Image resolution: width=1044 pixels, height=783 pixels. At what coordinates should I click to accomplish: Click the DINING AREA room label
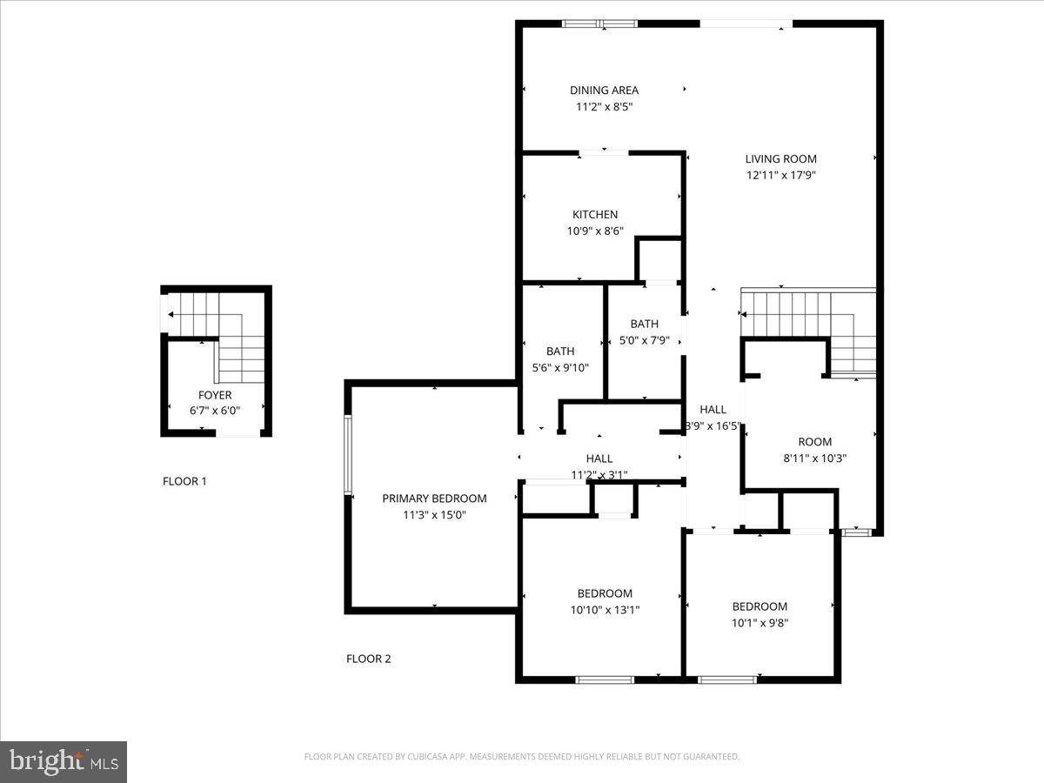click(x=604, y=90)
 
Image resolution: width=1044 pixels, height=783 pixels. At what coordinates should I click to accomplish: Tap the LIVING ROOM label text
click(x=780, y=158)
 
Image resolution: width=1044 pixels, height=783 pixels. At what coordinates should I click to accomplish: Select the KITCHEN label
click(x=595, y=214)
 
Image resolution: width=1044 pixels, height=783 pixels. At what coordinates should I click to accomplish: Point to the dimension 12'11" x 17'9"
click(x=780, y=175)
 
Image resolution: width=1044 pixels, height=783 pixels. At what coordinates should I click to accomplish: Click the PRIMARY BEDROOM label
click(x=434, y=499)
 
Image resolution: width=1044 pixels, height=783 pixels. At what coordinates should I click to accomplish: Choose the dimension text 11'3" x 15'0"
click(x=434, y=515)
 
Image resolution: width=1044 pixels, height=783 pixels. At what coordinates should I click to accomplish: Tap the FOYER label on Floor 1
click(x=214, y=395)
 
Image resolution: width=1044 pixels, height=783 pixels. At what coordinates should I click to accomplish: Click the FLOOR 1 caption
click(x=184, y=481)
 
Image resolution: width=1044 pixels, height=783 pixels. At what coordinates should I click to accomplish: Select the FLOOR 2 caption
click(x=369, y=659)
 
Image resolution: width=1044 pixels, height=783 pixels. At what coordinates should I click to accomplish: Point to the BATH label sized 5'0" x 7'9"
click(x=645, y=324)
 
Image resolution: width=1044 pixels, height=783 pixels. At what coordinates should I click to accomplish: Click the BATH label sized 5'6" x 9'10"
click(x=560, y=351)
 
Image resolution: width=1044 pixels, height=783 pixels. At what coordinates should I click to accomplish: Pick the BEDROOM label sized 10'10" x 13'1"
click(x=605, y=593)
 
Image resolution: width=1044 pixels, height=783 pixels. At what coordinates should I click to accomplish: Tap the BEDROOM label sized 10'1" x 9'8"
click(x=760, y=606)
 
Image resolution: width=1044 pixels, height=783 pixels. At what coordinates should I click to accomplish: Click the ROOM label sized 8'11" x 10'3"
click(x=814, y=441)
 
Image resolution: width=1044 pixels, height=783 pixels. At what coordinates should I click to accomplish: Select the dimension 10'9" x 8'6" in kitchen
click(x=595, y=231)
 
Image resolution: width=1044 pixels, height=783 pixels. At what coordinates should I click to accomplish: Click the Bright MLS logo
click(x=64, y=761)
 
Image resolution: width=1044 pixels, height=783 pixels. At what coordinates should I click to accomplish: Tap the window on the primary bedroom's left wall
click(x=348, y=455)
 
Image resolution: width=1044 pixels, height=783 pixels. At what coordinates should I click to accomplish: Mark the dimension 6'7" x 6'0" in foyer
click(x=214, y=411)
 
